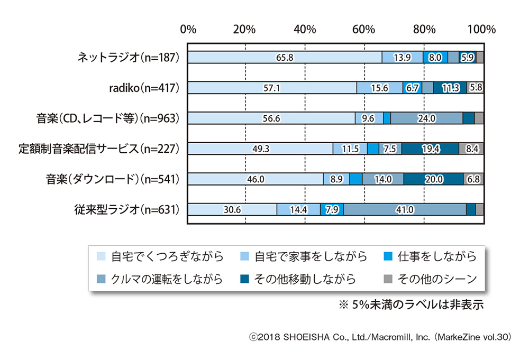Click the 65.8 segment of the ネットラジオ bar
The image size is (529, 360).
(x=285, y=58)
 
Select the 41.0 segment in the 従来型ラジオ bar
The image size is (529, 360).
(x=405, y=209)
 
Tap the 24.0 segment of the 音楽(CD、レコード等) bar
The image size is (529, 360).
(x=426, y=118)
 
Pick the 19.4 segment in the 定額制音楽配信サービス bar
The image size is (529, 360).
(x=430, y=149)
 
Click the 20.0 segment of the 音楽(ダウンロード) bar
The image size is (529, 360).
(x=434, y=179)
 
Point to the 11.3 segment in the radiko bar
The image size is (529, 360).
(x=450, y=88)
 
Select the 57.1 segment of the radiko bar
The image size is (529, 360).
(x=272, y=88)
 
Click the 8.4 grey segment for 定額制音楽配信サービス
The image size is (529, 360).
(x=471, y=149)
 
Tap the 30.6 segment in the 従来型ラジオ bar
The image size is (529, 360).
(x=232, y=209)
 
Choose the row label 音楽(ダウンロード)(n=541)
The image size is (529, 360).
(x=113, y=179)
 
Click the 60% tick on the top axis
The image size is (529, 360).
(x=364, y=29)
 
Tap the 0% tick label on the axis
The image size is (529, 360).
(x=188, y=29)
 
